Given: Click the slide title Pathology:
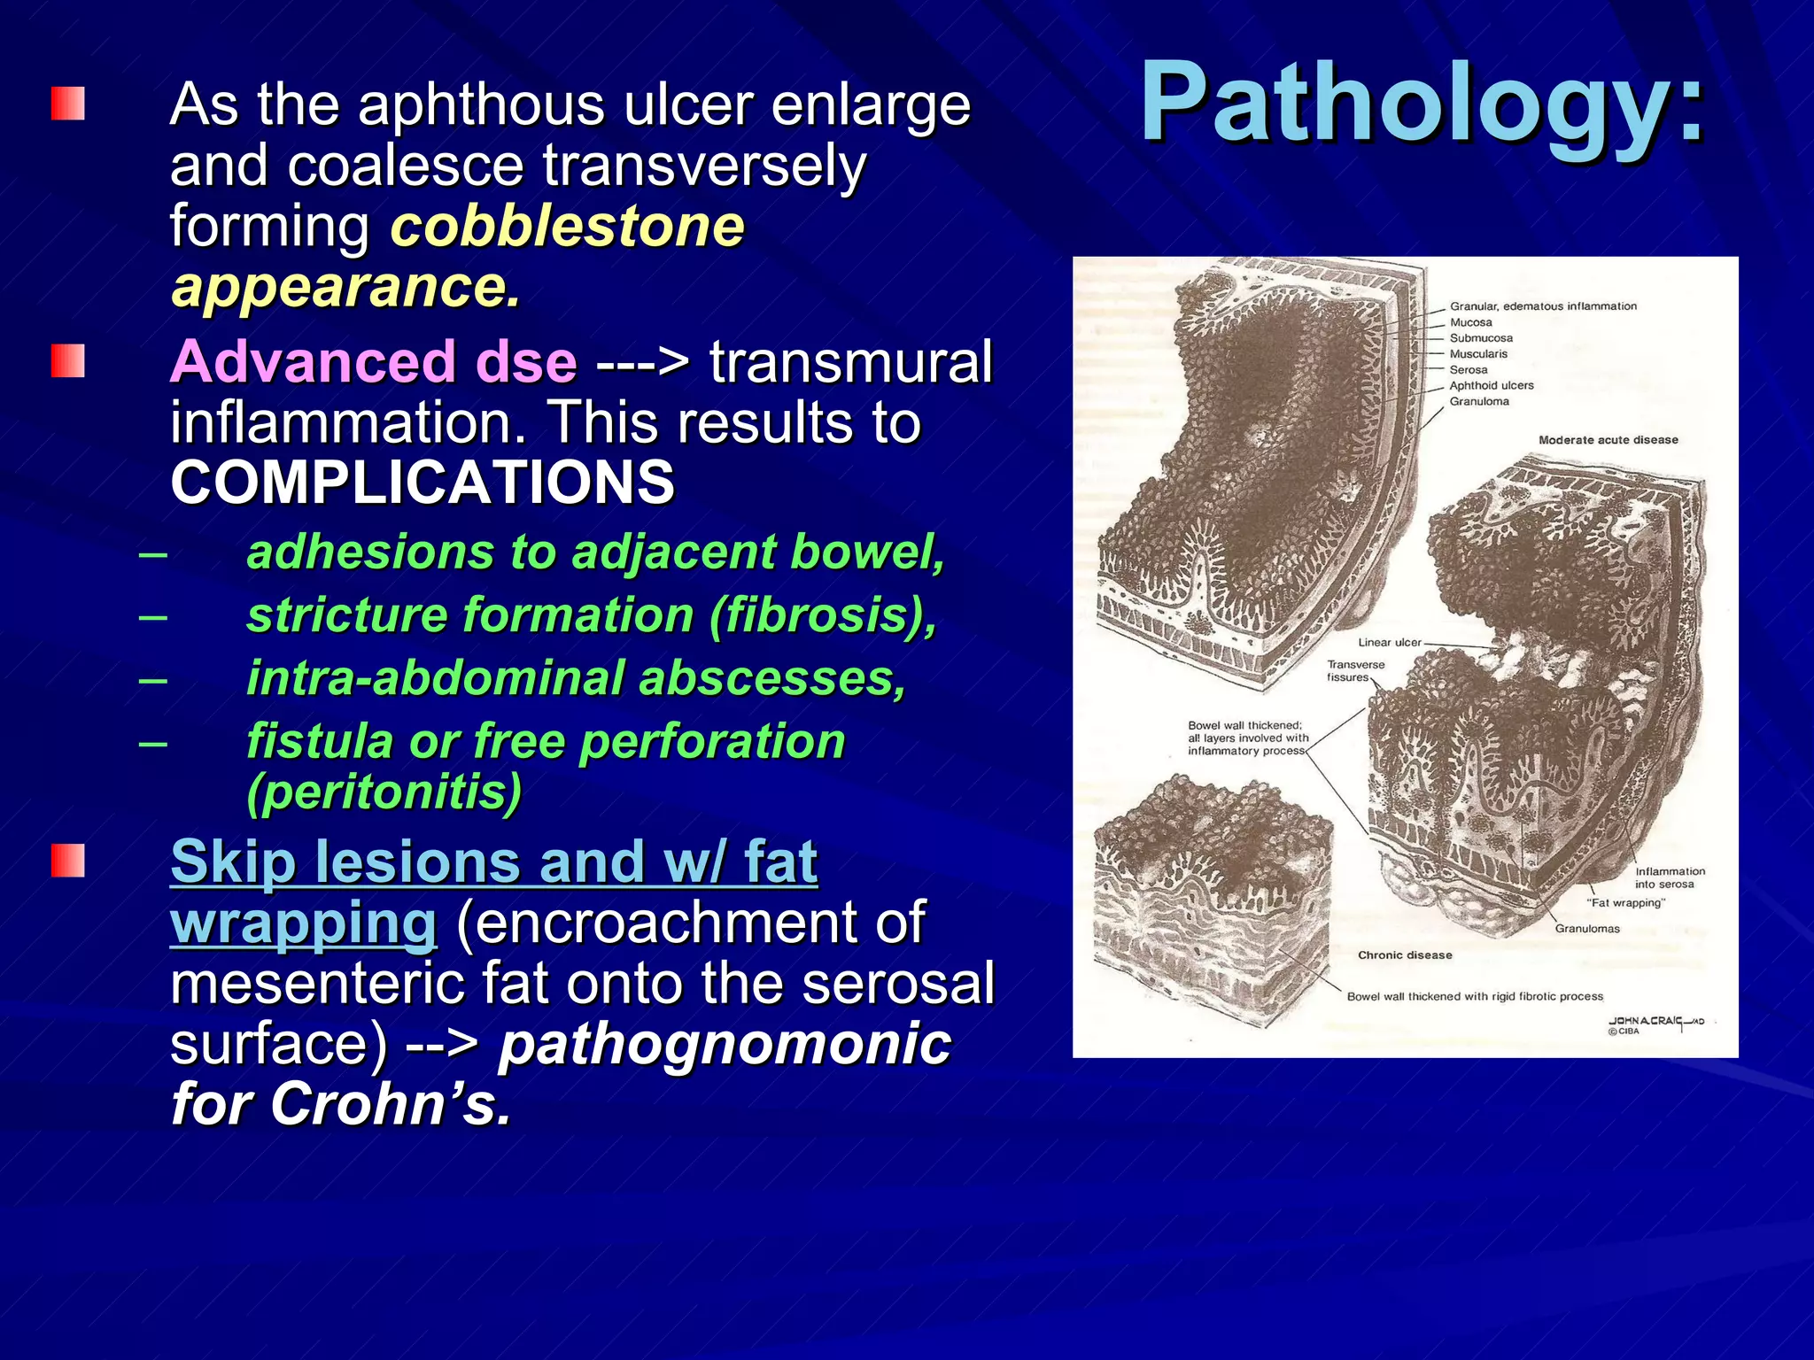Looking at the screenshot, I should pos(1422,104).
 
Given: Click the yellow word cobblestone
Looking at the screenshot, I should pos(567,227).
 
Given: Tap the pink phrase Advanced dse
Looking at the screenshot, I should pos(373,362).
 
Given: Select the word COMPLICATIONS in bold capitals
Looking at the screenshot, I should pos(422,483).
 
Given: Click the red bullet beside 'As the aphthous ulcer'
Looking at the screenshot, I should pos(68,104).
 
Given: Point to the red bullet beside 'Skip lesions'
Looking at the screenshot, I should pos(68,861).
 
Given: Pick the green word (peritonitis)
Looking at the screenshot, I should pos(384,792).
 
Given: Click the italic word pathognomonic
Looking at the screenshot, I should pos(724,1044).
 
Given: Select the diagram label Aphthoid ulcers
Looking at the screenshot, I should pos(1491,386).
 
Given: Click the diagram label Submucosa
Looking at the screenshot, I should pos(1481,338).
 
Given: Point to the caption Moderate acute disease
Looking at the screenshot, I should pos(1608,440).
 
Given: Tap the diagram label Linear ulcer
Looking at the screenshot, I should pos(1389,643).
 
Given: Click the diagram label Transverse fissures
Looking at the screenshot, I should pos(1354,671).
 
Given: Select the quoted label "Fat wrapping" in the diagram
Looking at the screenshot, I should pos(1625,903).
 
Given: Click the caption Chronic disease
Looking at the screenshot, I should pos(1405,955).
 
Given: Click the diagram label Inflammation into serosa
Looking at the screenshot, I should pos(1669,877).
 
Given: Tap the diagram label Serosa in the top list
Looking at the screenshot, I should pos(1468,370).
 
